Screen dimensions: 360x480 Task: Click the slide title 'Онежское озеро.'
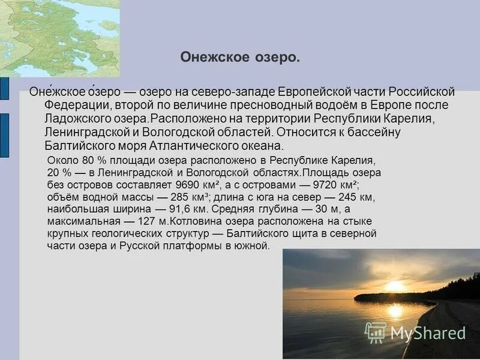(x=240, y=58)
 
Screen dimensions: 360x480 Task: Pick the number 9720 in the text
(x=317, y=184)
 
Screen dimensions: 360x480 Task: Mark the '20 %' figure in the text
(x=57, y=172)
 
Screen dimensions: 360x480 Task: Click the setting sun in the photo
(x=395, y=287)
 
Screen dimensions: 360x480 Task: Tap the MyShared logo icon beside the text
(x=376, y=332)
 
